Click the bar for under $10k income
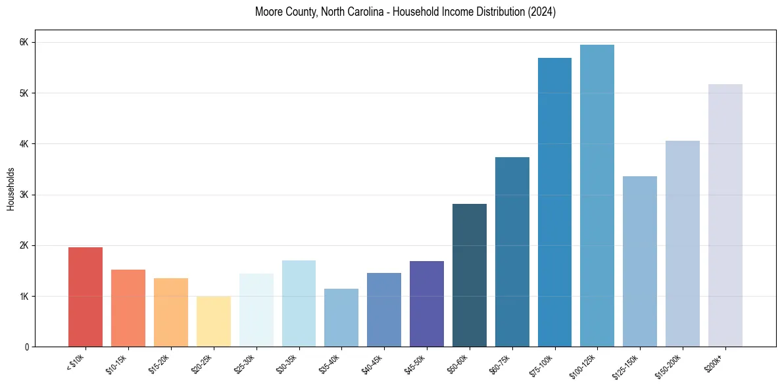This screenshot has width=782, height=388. coord(86,297)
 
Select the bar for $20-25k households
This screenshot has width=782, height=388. coord(213,322)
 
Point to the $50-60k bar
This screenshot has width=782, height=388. coord(470,276)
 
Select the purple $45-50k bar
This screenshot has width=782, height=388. coord(427,304)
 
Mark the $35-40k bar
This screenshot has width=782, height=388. coord(341,318)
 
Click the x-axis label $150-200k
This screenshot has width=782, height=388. coord(672,366)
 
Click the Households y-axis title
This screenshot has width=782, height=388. coord(11,189)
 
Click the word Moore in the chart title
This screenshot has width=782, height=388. coord(270,12)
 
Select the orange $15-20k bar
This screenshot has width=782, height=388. coord(171,312)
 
